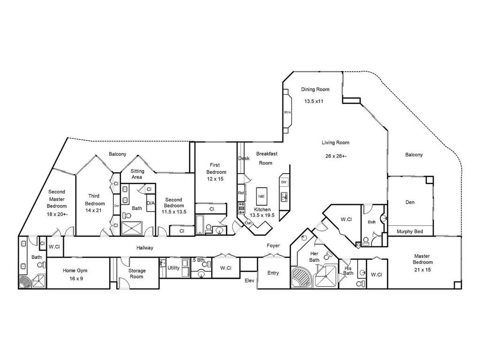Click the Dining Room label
point(315,89)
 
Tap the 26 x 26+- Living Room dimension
point(335,156)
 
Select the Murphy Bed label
point(410,231)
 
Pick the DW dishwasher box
point(283,182)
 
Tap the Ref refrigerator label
point(241,193)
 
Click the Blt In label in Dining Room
point(288,112)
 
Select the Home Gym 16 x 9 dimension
point(75,278)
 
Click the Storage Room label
point(137,274)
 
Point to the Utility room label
point(174,268)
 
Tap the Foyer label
point(273,245)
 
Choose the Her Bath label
point(314,257)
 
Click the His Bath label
point(348,270)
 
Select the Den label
point(410,202)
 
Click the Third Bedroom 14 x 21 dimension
point(93,210)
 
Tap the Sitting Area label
point(137,174)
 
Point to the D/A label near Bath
point(151,203)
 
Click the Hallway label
point(145,248)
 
